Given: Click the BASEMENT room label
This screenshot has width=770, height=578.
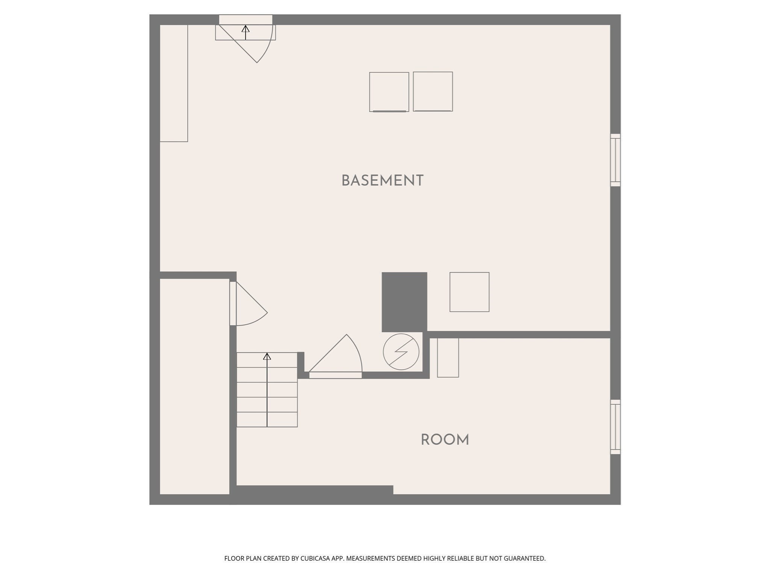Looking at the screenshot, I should pos(382,181).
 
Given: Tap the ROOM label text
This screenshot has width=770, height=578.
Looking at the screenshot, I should pos(445,440).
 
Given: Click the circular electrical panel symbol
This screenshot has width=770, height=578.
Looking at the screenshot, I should pos(401,352).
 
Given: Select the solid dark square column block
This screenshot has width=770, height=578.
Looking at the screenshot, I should pos(404,302).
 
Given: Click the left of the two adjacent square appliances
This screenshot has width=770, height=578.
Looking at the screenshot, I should pos(389,92).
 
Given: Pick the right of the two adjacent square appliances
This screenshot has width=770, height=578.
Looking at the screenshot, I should pos(433,91).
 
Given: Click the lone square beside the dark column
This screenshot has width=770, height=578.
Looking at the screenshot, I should pos(469,292).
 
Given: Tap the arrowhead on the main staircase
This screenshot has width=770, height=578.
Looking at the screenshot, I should pos(267,356).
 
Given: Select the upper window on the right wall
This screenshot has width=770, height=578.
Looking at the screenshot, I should pos(615,160).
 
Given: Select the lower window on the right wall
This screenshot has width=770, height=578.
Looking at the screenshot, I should pos(615,427).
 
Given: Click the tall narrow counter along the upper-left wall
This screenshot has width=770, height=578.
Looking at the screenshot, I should pos(174,83).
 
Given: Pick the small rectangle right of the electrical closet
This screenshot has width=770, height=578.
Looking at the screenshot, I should pos(448,357).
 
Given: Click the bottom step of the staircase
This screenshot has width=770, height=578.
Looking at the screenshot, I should pos(267,420).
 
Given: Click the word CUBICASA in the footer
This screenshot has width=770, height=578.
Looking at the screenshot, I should pos(315,558).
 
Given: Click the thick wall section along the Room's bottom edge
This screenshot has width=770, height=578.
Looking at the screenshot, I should pos(314,490).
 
